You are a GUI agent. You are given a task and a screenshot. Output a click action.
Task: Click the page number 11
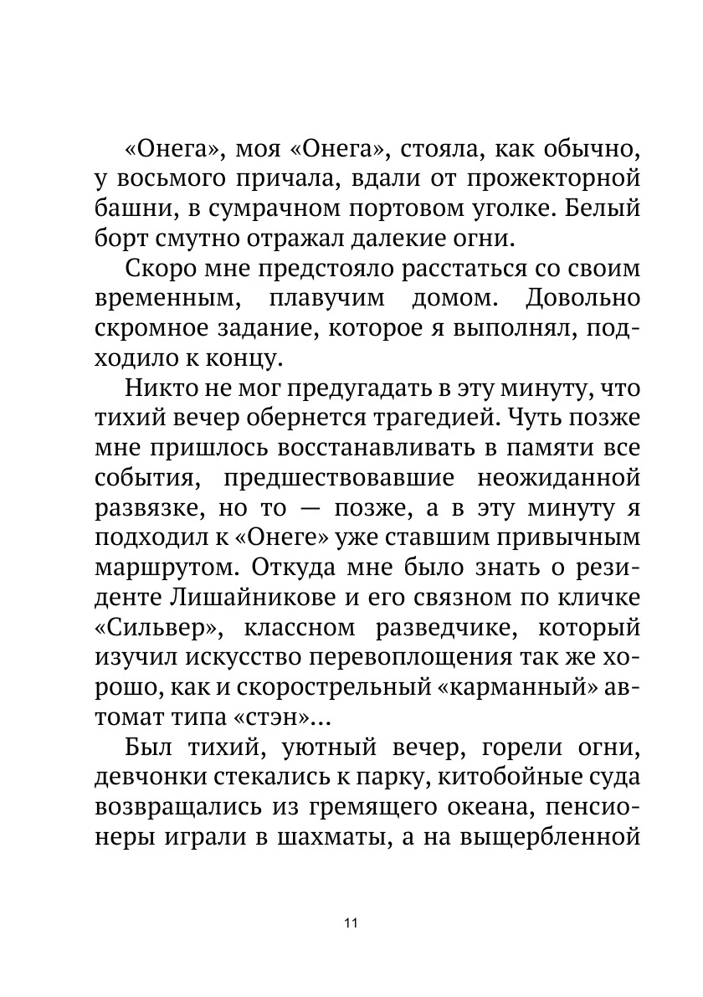coord(351,922)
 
